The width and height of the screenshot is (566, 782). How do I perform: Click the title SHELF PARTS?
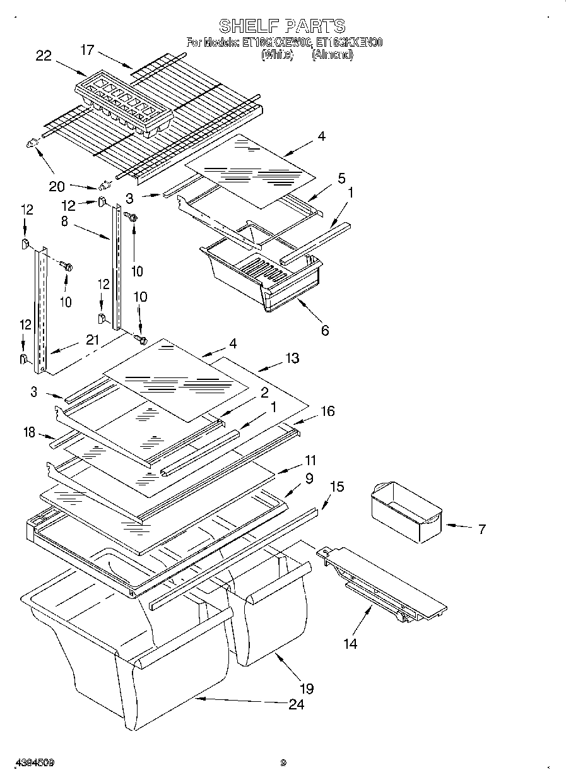click(x=282, y=26)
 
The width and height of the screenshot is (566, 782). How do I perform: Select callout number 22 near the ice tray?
click(x=44, y=56)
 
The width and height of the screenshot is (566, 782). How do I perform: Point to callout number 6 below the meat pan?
click(x=324, y=330)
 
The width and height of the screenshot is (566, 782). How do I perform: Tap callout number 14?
click(x=350, y=644)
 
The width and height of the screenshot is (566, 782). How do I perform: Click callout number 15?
click(x=337, y=487)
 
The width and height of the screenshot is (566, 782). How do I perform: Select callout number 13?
click(x=292, y=358)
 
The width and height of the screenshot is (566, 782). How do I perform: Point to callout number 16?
click(x=327, y=412)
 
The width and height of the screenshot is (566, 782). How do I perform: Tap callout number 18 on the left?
click(x=30, y=432)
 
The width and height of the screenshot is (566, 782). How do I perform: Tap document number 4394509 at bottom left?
click(x=30, y=762)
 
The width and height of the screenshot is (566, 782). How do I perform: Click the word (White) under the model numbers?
click(x=278, y=55)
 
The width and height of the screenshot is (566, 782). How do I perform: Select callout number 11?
click(x=310, y=460)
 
